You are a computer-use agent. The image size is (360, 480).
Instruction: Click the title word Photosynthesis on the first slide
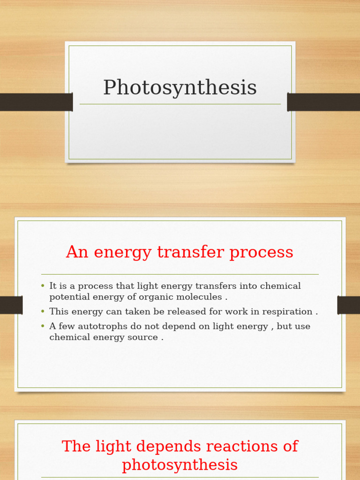point(180,88)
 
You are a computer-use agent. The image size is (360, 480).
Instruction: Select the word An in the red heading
point(77,252)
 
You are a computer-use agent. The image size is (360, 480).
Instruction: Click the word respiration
point(290,312)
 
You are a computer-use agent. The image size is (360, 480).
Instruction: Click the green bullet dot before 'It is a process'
point(43,285)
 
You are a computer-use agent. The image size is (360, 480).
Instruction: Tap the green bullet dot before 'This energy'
point(43,311)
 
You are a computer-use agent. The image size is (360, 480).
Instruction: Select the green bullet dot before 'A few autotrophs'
point(43,326)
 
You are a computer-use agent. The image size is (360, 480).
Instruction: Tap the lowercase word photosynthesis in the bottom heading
point(180,465)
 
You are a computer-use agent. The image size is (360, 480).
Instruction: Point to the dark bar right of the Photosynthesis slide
point(323,102)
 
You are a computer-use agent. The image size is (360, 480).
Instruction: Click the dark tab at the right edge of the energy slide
point(348,305)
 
